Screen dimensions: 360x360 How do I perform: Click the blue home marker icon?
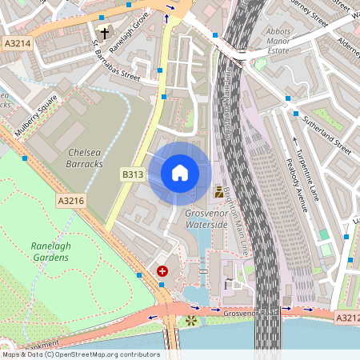180,173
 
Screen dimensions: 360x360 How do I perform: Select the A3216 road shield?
70,203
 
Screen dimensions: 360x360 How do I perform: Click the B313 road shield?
132,174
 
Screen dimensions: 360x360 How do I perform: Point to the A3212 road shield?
346,318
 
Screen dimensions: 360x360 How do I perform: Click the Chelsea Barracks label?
86,158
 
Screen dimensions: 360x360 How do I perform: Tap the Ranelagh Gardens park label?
50,252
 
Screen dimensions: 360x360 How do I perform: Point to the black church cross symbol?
104,34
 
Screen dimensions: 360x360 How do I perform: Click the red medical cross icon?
163,272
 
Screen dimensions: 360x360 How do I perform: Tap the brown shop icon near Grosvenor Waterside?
219,192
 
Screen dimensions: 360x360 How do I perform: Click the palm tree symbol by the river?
190,321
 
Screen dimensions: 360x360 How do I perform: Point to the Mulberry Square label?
36,115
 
